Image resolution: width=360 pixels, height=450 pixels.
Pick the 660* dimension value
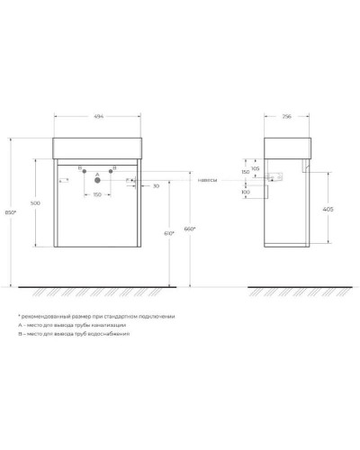click(x=189, y=229)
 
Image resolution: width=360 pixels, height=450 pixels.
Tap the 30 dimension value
click(x=155, y=185)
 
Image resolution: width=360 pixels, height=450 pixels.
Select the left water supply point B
click(x=83, y=170)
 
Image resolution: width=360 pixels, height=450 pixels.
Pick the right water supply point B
click(x=112, y=170)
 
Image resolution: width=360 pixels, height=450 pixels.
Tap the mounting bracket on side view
click(x=291, y=177)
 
